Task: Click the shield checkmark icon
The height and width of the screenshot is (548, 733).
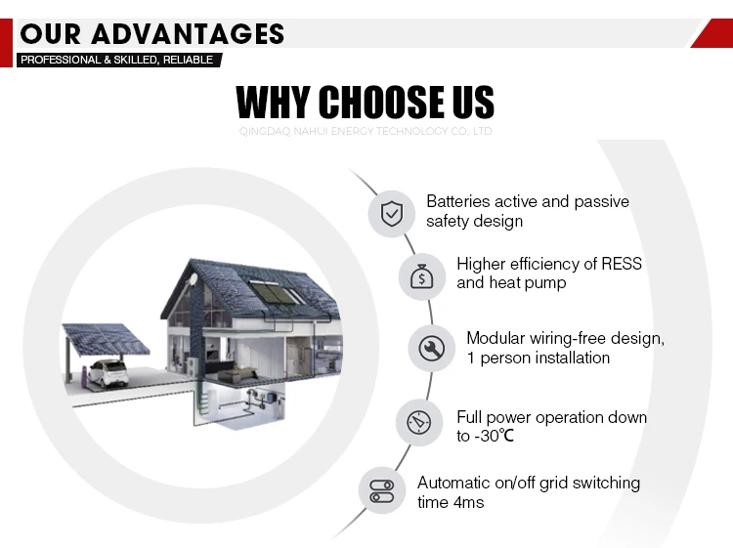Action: [392, 214]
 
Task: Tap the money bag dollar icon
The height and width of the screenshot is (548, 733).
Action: [421, 276]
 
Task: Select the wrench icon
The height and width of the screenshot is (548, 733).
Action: [431, 349]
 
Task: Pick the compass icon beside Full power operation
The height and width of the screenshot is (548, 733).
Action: [419, 423]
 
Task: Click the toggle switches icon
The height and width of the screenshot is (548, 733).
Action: [382, 491]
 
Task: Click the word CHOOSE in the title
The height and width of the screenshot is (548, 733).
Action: [382, 102]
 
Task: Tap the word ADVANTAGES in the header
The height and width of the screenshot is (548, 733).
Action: [188, 34]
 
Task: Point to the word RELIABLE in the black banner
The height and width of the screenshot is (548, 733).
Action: [188, 60]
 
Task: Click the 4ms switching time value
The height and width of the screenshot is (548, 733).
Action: [468, 502]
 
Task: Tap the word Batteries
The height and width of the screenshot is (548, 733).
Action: [458, 201]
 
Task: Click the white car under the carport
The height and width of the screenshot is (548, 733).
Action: [108, 373]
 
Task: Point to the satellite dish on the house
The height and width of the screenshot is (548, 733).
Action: [193, 280]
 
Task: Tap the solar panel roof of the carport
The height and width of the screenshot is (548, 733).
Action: [106, 338]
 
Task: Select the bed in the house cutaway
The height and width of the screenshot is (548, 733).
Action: [237, 374]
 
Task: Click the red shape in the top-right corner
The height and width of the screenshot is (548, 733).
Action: [711, 32]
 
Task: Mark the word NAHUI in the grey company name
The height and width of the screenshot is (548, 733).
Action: [311, 131]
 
